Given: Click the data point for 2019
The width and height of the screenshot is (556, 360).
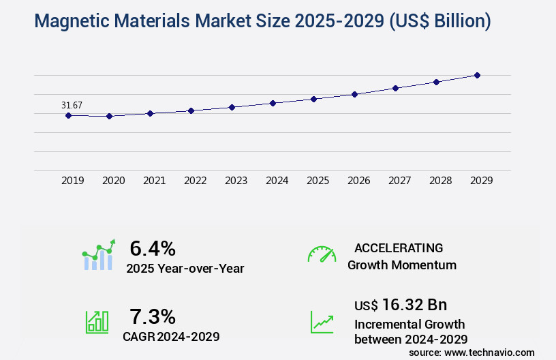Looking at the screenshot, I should [68, 115].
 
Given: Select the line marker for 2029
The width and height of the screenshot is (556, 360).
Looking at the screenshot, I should [477, 75].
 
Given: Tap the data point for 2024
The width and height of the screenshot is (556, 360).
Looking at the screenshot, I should [273, 103].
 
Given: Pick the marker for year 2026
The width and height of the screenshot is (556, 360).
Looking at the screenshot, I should [354, 94].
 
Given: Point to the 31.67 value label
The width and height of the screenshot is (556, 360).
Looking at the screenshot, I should [72, 105].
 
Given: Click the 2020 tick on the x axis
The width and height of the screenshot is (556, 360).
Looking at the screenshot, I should [113, 181].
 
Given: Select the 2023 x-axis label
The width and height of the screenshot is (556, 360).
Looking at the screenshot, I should [236, 181].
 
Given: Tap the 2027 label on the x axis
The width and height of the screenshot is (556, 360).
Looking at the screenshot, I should [399, 181].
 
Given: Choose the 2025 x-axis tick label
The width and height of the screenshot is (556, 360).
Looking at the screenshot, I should [318, 181].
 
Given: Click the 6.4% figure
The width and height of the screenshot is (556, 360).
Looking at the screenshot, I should [153, 248].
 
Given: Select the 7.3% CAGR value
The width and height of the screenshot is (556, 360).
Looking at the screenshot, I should [153, 316].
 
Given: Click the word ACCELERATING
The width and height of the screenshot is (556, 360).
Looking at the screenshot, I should [399, 248].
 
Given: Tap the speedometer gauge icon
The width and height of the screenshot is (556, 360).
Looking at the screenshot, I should [322, 254].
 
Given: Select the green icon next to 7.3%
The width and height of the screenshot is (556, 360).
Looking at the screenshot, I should [97, 322].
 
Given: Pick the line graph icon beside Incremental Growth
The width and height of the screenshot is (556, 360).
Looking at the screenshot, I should [322, 322].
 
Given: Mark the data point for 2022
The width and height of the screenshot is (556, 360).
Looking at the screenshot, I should [191, 110].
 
